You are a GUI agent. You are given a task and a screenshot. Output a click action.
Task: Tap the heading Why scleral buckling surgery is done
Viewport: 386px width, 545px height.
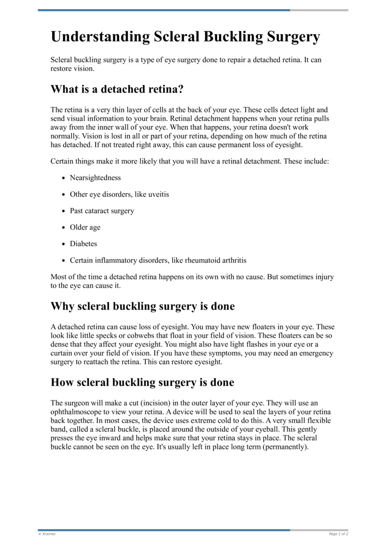[x=142, y=306]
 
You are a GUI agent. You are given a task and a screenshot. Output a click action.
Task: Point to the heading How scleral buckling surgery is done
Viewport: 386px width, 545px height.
[x=142, y=382]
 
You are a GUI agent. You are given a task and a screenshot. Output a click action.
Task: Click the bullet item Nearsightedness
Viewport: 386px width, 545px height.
[x=95, y=178]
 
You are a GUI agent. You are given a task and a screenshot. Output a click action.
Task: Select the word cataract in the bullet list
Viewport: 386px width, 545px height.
[x=104, y=211]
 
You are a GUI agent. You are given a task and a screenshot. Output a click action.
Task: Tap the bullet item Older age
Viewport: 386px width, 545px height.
[x=85, y=227]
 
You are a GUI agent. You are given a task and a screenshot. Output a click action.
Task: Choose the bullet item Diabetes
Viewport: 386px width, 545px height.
[x=83, y=244]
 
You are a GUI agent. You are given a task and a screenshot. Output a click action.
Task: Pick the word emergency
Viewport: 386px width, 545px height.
[x=311, y=353]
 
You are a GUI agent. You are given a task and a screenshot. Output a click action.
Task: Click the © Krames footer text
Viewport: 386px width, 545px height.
[x=47, y=534]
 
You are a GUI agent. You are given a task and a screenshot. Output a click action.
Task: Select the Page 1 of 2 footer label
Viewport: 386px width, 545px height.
[x=338, y=534]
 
